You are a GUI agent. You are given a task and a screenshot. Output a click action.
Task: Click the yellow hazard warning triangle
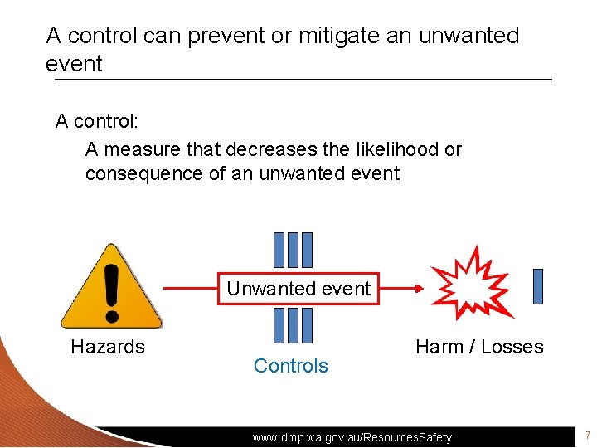tap(111, 286)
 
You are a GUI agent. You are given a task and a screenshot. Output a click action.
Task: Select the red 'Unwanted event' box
tap(298, 289)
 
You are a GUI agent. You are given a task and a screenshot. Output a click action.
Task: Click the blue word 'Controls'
tap(291, 366)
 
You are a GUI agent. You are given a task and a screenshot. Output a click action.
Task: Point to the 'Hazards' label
tap(108, 347)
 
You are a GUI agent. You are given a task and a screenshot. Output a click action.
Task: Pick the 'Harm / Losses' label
tap(479, 347)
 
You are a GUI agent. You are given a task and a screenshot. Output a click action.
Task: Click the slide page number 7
tap(586, 436)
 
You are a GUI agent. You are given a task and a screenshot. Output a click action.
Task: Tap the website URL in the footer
tap(352, 436)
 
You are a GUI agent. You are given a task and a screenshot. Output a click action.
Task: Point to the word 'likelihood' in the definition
tap(396, 149)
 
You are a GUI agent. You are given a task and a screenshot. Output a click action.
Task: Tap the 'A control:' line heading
tap(97, 121)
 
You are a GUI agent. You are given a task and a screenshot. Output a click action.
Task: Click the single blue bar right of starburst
tap(538, 286)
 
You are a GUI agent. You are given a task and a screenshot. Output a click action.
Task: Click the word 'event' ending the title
tap(74, 64)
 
